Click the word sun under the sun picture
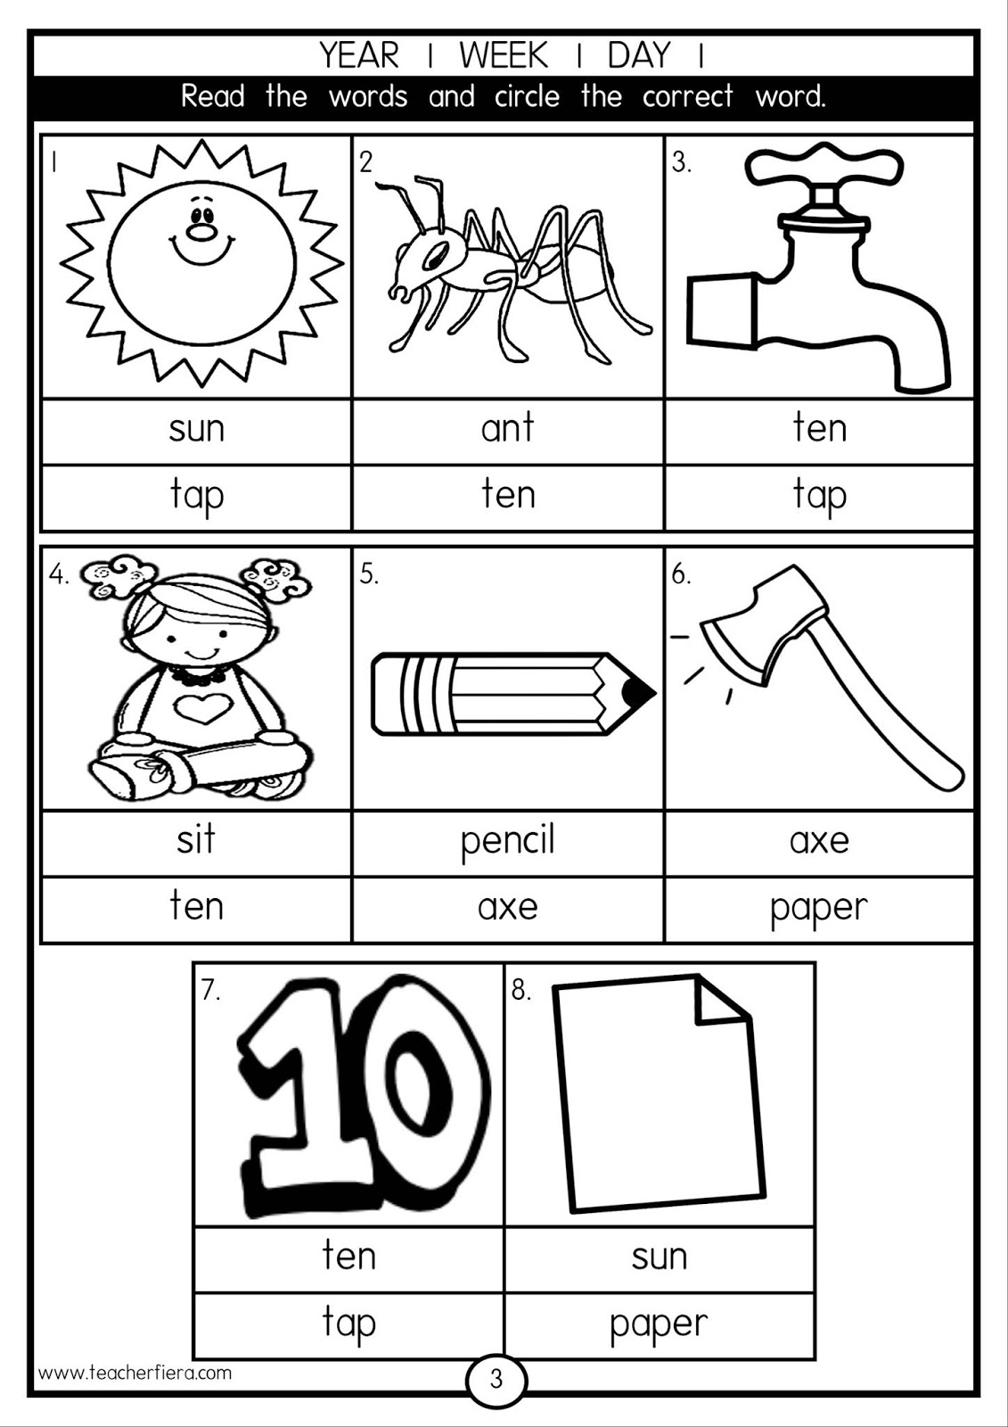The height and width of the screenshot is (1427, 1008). pyautogui.click(x=196, y=429)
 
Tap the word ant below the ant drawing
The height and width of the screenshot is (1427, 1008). pyautogui.click(x=507, y=429)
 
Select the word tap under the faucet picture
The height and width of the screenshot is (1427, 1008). pyautogui.click(x=819, y=496)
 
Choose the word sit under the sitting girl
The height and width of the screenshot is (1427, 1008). pyautogui.click(x=195, y=840)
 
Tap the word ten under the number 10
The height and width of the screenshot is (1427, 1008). pyautogui.click(x=348, y=1256)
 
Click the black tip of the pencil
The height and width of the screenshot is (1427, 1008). pyautogui.click(x=638, y=692)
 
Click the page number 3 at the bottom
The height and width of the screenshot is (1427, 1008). pyautogui.click(x=496, y=1380)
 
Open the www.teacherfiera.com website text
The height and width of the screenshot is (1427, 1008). pyautogui.click(x=135, y=1373)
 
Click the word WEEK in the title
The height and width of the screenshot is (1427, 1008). pyautogui.click(x=504, y=56)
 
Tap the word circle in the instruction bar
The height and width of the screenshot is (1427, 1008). pyautogui.click(x=527, y=96)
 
